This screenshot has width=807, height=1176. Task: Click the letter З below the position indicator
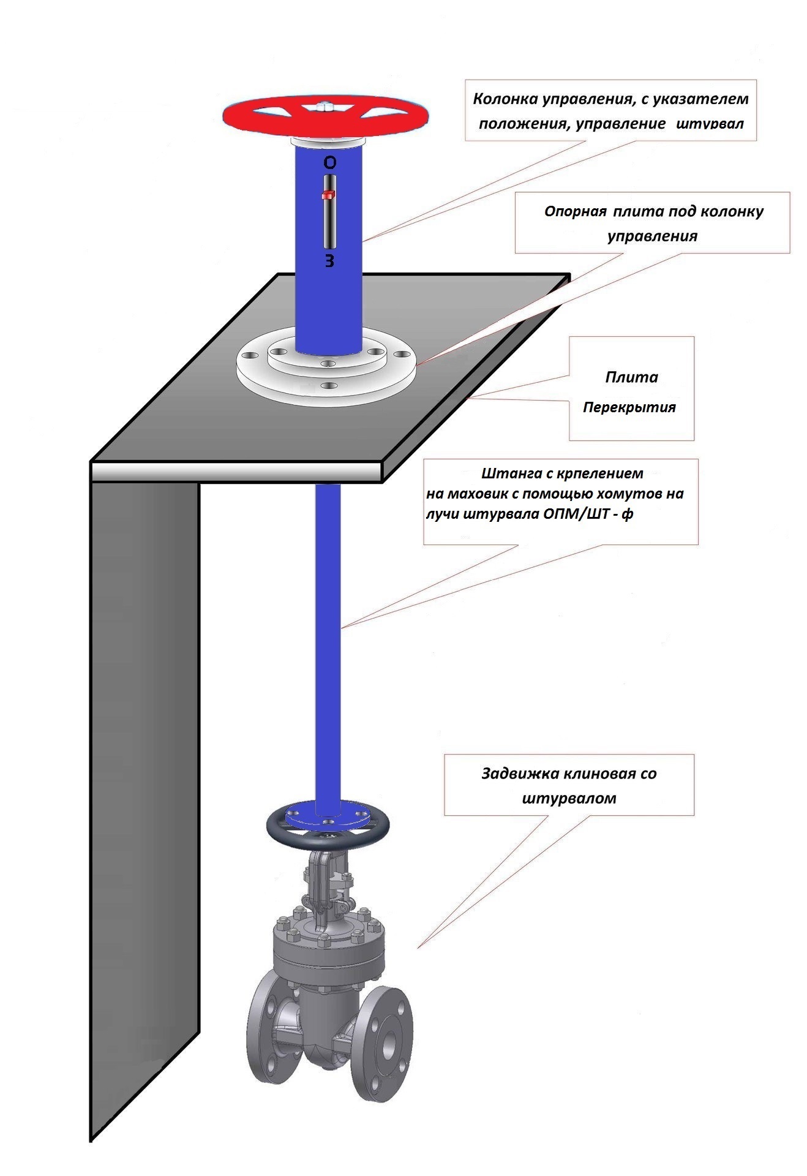click(x=329, y=262)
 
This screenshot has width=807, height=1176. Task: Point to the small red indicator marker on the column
click(x=328, y=195)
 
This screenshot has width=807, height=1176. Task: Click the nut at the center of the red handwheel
click(x=325, y=108)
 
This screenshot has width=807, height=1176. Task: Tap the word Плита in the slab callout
click(x=631, y=377)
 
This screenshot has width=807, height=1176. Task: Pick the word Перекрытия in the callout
click(x=629, y=407)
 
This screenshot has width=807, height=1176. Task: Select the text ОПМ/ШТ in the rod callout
click(x=575, y=514)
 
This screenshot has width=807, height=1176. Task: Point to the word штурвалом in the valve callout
click(x=569, y=799)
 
